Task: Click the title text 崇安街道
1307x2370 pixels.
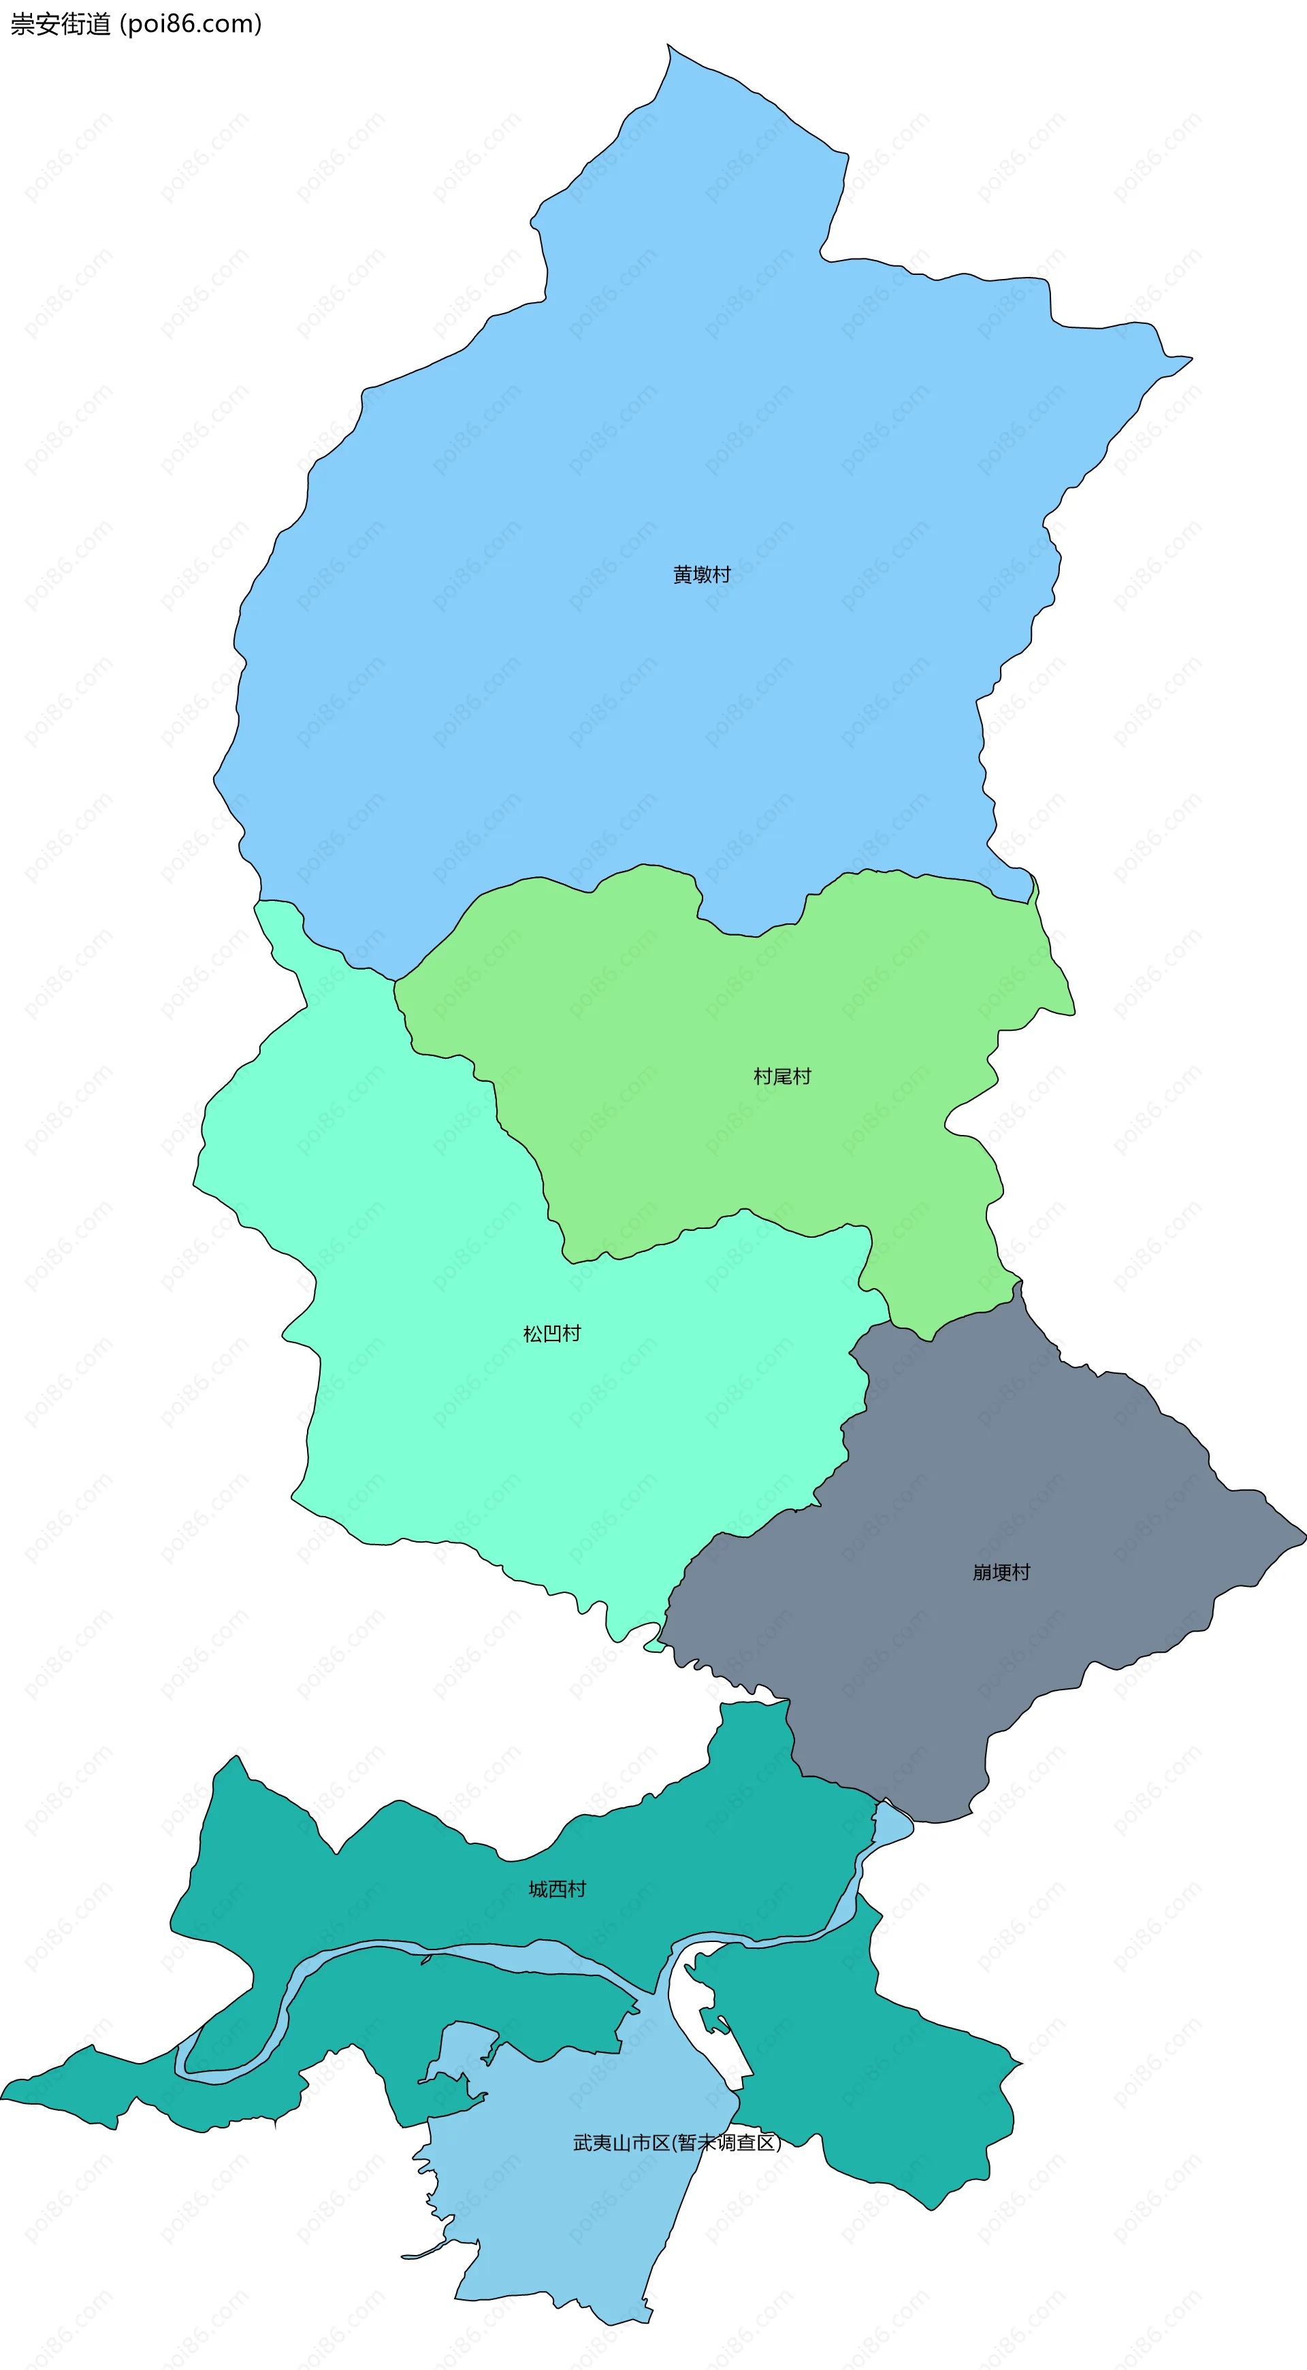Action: coord(60,24)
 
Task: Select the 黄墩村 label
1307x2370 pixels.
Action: coord(701,575)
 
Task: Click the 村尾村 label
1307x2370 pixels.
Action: coord(782,1076)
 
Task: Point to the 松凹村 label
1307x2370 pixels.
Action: coord(552,1334)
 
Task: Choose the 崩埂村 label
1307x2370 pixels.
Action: coord(1001,1573)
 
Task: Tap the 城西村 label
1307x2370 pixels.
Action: coord(557,1889)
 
